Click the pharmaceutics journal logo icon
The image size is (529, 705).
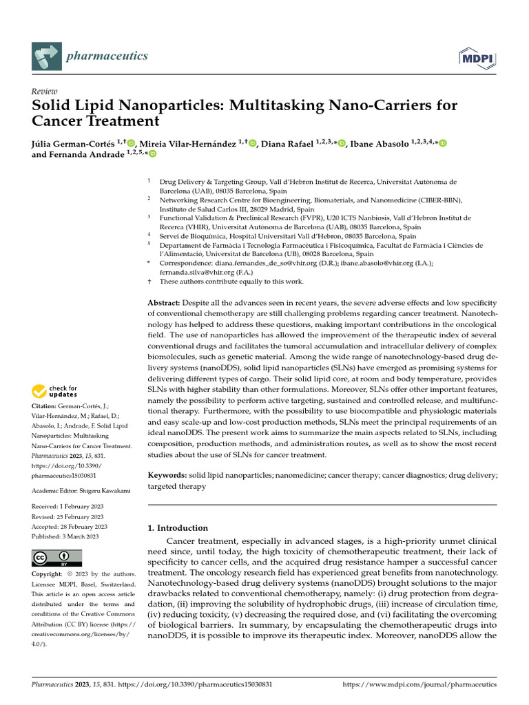point(46,55)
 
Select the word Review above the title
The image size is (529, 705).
point(45,92)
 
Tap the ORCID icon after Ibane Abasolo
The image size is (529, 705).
point(442,143)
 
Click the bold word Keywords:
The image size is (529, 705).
point(167,476)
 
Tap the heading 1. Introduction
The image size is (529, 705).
point(178,528)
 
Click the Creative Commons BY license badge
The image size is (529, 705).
point(56,558)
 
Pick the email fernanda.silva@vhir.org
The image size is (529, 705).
point(198,272)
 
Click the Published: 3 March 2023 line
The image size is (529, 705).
point(68,536)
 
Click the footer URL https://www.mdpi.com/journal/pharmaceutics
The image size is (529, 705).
point(419,684)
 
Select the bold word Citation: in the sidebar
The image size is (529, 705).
point(45,407)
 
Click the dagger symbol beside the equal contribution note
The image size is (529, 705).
point(149,282)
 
